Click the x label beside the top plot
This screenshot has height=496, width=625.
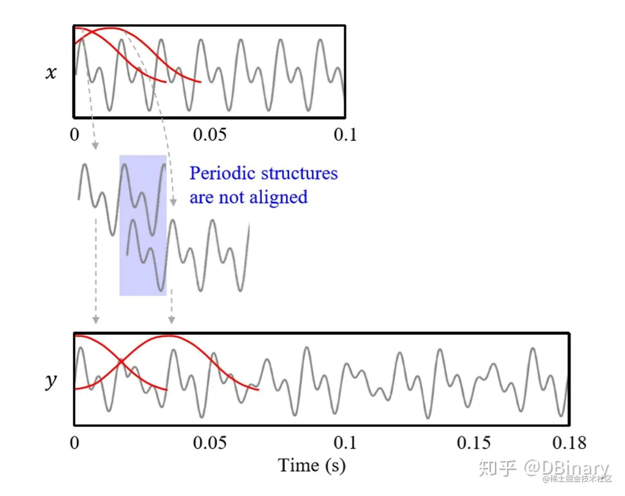[x=51, y=72]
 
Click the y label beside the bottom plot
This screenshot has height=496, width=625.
[x=51, y=381]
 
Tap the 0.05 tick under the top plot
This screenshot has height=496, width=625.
[x=210, y=135]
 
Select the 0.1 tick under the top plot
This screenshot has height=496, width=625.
[x=345, y=135]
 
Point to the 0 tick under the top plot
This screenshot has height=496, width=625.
[x=75, y=135]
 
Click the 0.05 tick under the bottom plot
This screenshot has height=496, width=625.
[x=210, y=443]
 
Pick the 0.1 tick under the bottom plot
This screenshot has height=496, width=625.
[x=345, y=443]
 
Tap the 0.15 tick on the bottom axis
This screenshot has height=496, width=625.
[x=474, y=443]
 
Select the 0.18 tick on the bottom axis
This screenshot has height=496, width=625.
[x=569, y=443]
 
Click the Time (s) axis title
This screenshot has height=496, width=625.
[x=312, y=466]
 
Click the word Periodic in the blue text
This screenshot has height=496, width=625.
[x=222, y=174]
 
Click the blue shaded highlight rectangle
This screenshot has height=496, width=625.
[x=143, y=225]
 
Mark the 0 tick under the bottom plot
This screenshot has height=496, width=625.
[x=75, y=443]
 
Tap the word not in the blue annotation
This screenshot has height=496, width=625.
[x=232, y=198]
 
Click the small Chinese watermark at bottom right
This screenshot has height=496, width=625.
[x=577, y=479]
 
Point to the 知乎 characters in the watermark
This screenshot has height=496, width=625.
[x=497, y=467]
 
